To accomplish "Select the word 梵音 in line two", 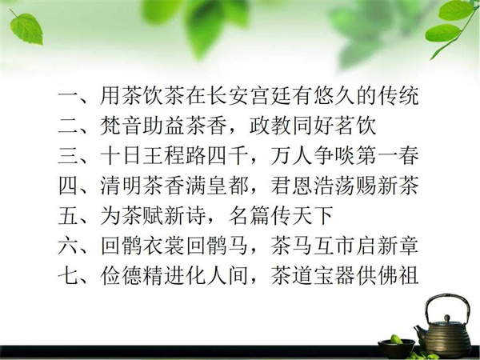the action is [122, 126].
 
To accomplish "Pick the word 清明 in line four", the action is [122, 186].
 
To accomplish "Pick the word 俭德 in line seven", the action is [122, 276].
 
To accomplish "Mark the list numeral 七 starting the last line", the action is [68, 276].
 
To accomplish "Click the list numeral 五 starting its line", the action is [68, 216].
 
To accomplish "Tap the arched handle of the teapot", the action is [447, 296].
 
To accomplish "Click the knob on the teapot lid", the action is [447, 318].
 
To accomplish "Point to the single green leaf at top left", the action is [26, 28].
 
